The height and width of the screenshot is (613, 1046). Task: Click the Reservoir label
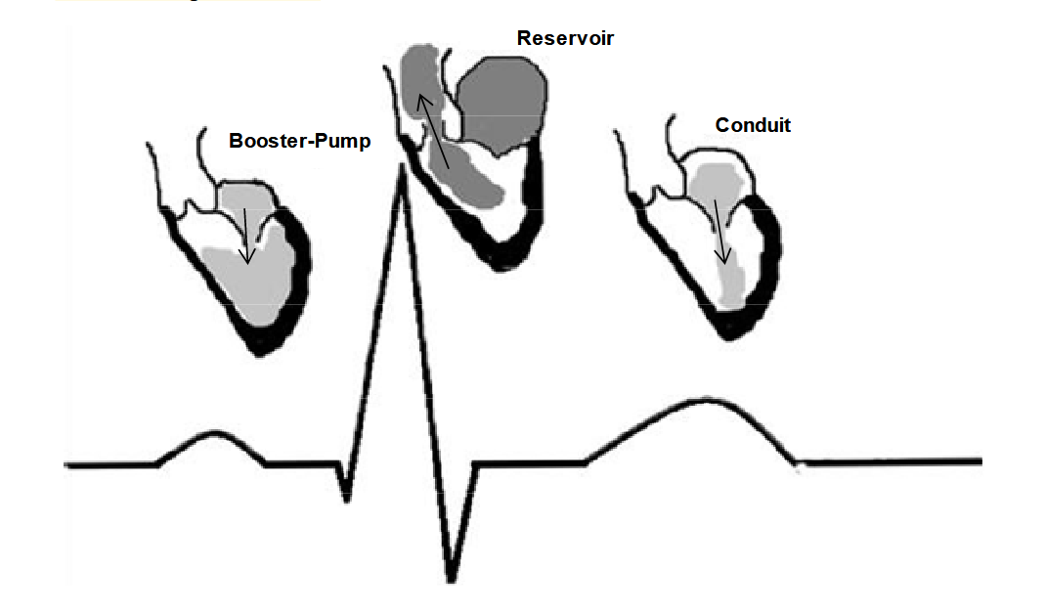pos(565,38)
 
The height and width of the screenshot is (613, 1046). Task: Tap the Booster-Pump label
pos(300,141)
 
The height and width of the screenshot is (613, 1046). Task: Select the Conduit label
pos(753,125)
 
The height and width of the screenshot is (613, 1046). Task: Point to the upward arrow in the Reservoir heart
pos(434,132)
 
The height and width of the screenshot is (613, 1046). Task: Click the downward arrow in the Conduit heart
pos(719,231)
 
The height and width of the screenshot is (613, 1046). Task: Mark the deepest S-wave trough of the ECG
pos(451,577)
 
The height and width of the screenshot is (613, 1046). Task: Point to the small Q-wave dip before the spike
pos(346,497)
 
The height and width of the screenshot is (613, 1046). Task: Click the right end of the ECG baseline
pos(978,460)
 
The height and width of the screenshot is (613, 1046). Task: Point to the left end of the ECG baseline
pos(68,462)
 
